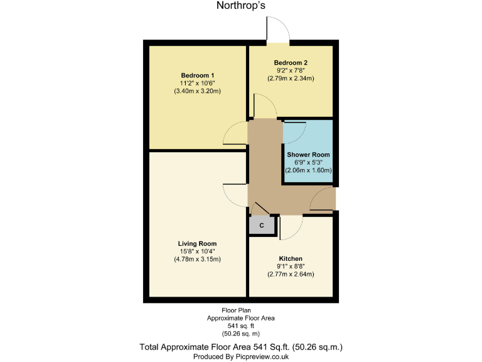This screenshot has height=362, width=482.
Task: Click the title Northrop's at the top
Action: (241, 7)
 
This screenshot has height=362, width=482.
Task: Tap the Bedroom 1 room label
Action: (198, 75)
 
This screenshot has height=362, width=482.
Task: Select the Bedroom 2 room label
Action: (291, 63)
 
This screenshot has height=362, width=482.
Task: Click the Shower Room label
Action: (308, 154)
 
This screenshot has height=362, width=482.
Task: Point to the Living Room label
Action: (197, 243)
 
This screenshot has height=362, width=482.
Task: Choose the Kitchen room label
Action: (291, 258)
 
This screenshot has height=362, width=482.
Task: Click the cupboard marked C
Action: (262, 224)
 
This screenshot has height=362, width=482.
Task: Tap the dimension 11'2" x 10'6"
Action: (198, 83)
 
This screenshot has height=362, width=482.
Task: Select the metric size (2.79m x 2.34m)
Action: (291, 79)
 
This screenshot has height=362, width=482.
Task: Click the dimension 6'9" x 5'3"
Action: (308, 162)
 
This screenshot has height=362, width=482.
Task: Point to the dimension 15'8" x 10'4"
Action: (197, 251)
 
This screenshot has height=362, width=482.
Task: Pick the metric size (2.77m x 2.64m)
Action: (291, 274)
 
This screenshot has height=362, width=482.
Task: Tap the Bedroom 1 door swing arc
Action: (235, 133)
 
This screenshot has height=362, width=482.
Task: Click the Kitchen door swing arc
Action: (291, 228)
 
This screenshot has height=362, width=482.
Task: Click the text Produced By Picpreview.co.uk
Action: (241, 356)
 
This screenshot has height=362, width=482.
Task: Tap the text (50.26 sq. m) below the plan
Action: (241, 333)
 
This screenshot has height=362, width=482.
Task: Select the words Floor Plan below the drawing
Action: (241, 310)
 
